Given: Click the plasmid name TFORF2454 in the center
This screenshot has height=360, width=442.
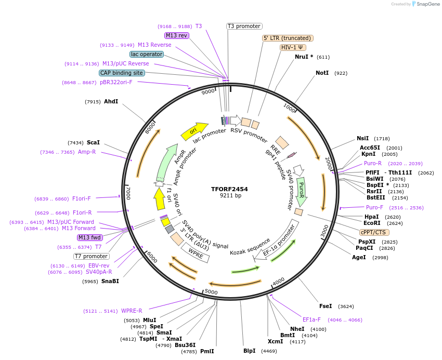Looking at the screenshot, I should [229, 189].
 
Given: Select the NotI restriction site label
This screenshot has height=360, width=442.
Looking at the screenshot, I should [322, 73].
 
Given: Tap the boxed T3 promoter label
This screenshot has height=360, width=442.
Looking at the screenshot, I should [244, 26].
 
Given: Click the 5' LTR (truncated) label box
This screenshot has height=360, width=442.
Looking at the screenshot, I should [287, 38].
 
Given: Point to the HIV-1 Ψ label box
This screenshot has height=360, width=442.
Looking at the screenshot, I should [293, 47].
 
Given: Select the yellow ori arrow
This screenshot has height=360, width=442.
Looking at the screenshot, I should [194, 131].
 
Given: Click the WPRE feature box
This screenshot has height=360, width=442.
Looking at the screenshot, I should [195, 252].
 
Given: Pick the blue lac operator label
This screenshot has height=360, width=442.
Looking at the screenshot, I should [147, 54].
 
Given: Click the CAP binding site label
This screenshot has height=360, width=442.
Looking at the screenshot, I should [122, 73].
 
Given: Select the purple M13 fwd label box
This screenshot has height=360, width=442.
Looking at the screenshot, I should [89, 237].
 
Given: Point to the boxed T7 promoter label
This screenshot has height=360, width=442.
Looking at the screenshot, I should [91, 256].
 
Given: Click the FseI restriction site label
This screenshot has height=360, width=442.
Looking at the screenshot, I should [326, 306].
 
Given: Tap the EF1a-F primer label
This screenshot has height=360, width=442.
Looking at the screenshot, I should [311, 320].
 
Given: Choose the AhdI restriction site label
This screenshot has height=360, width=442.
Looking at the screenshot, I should [111, 101].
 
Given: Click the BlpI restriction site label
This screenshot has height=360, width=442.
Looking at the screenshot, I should [250, 351].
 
